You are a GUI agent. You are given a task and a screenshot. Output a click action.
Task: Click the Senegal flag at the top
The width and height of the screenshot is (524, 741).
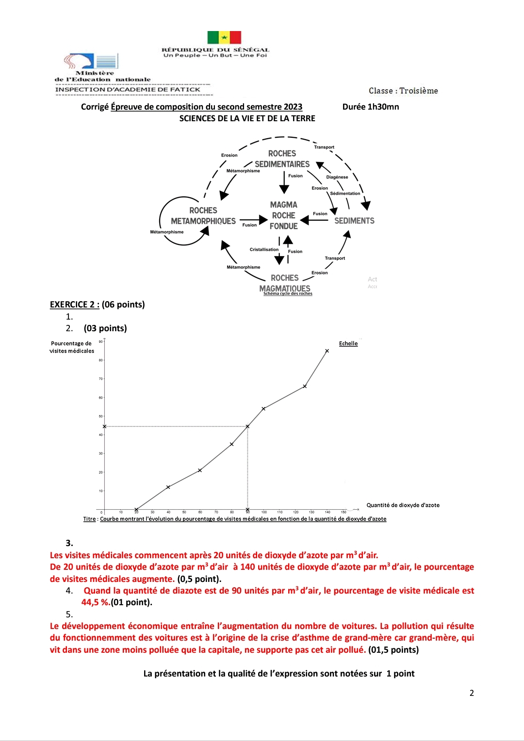pos(224,37)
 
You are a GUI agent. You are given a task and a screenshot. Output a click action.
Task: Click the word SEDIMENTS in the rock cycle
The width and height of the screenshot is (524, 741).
pos(354,221)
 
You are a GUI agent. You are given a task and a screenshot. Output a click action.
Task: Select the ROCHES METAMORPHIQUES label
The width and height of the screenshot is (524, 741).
pos(203,216)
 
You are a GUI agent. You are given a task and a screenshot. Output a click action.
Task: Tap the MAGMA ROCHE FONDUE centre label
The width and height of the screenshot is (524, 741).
pos(284,215)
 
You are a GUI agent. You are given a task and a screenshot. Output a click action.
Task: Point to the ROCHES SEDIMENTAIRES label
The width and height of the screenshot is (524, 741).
pos(282,159)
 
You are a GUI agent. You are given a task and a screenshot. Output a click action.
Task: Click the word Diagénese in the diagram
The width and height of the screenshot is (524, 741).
pos(337,177)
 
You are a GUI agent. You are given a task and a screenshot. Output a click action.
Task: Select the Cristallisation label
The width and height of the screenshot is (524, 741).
pos(264,250)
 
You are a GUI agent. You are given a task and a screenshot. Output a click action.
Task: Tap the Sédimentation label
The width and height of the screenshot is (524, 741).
pos(345,193)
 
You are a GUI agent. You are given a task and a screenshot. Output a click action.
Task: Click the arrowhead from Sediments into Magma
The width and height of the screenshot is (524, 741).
pos(305,220)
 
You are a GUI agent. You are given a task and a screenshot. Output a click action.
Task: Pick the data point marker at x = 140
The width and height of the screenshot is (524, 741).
pos(327,351)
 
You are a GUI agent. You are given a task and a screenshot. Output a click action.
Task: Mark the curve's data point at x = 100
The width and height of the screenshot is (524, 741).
pos(263,409)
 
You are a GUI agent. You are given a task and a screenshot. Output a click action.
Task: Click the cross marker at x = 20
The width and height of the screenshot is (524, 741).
pos(136,510)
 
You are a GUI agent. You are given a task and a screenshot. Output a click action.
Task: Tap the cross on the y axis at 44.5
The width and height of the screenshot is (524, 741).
pos(104,427)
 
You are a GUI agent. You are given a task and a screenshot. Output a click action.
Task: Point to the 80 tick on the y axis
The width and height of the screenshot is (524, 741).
pos(101,360)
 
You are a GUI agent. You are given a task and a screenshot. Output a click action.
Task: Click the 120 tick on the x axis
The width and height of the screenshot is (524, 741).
pos(295,512)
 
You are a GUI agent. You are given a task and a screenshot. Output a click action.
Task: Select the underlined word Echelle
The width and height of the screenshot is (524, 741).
pos(348,343)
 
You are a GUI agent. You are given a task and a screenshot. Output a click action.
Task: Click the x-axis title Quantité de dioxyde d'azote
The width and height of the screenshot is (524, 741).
pos(403,505)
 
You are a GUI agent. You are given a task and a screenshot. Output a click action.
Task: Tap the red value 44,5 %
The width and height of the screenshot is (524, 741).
pos(95,602)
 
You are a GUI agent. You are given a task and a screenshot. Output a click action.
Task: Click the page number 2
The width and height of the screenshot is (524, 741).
pos(472,693)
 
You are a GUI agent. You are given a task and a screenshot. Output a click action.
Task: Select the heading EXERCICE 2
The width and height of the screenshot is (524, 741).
pos(74,305)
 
